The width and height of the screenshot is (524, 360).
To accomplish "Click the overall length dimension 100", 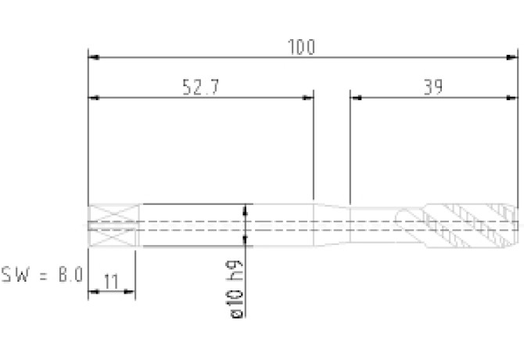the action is (301, 47).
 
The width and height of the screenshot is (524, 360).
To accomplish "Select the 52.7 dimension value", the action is (201, 87).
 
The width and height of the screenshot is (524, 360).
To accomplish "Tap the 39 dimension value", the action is (433, 87).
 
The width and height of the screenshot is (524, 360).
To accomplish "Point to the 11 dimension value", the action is (111, 282).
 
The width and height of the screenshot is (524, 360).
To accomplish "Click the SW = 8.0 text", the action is (41, 275).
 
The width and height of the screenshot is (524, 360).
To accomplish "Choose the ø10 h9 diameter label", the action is (235, 289).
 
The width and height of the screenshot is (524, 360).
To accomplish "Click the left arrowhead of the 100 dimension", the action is (94, 57).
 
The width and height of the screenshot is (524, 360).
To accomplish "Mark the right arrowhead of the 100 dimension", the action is (512, 57).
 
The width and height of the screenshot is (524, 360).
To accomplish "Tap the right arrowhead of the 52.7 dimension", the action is (307, 98).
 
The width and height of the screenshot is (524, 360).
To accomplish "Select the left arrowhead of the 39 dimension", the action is (356, 98).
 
